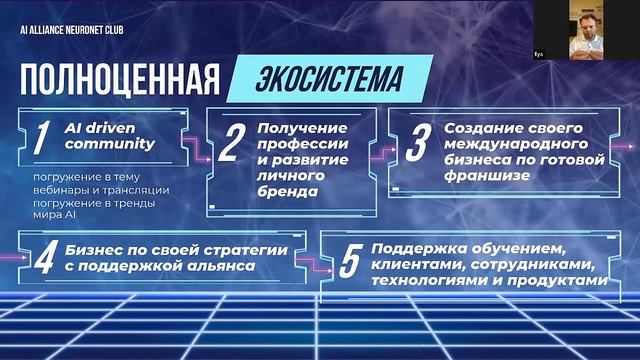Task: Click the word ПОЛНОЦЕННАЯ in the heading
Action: [118, 79]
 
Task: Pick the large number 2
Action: [229, 145]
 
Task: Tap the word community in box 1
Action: [109, 143]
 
